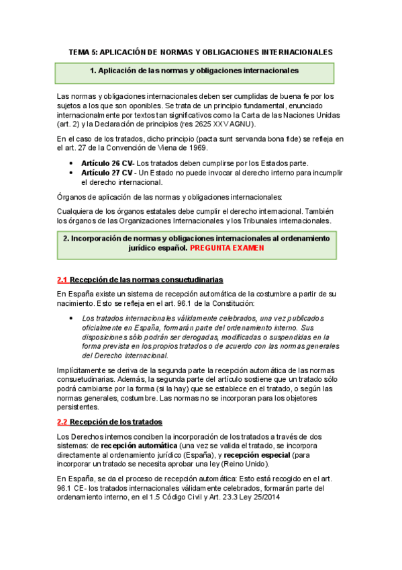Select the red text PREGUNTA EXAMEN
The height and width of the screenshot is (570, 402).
227,248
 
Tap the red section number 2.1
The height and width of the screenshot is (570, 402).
62,280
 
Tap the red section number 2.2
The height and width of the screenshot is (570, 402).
62,422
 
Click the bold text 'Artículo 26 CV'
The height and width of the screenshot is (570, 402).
107,163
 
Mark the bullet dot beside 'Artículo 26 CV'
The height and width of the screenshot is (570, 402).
72,163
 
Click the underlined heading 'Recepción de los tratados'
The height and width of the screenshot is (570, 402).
116,422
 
